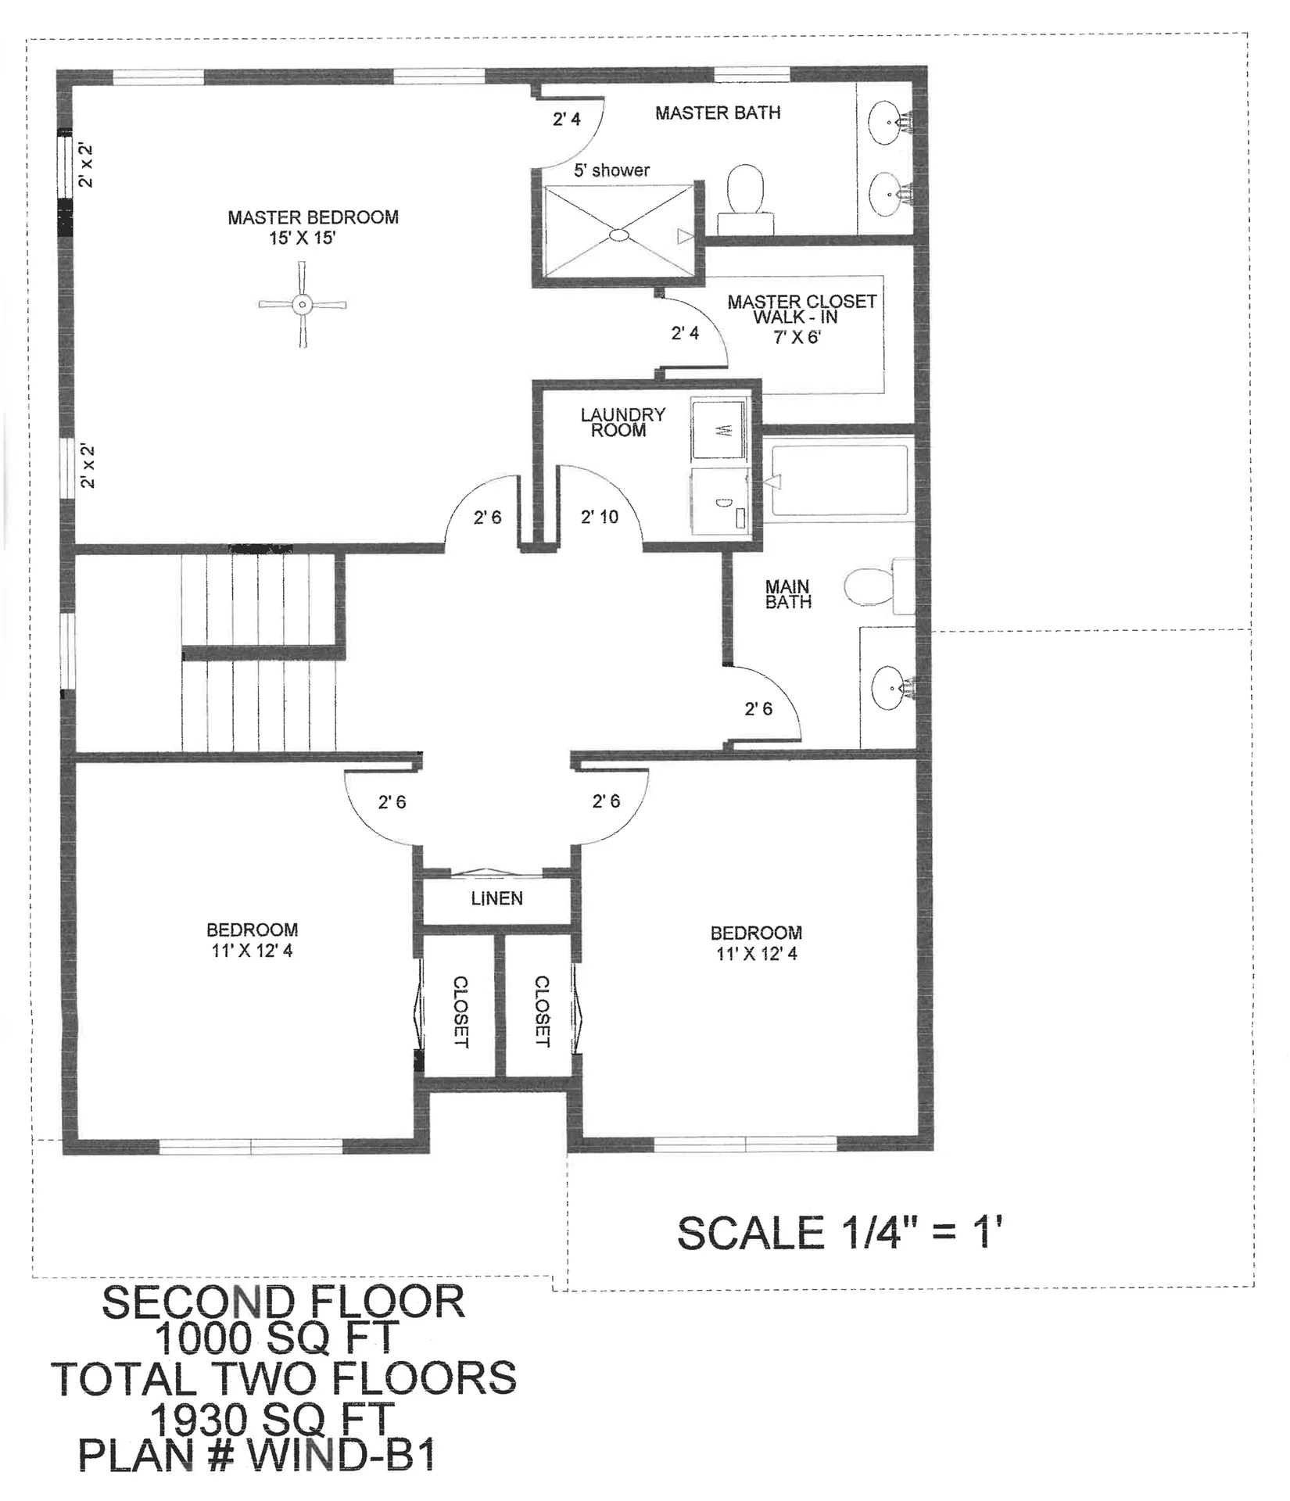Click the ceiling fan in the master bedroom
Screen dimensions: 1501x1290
(x=303, y=305)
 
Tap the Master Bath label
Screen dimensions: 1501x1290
(x=717, y=113)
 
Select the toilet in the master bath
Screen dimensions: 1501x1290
(x=746, y=191)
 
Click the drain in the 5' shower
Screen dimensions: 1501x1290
(x=618, y=234)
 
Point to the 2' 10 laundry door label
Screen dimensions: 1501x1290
(x=599, y=517)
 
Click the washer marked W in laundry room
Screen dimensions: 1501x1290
(x=720, y=430)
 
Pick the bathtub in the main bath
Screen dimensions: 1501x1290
(x=840, y=481)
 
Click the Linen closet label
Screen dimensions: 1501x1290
(x=496, y=899)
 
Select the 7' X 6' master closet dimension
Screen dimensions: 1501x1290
(x=797, y=338)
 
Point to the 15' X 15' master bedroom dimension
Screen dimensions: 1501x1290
(x=302, y=238)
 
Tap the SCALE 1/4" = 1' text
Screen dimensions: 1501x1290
(x=839, y=1234)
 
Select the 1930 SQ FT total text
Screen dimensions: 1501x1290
(x=271, y=1419)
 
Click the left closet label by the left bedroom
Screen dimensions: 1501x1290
(x=460, y=1012)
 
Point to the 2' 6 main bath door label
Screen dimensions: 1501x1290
(x=758, y=709)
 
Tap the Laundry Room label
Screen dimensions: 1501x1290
(x=622, y=422)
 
